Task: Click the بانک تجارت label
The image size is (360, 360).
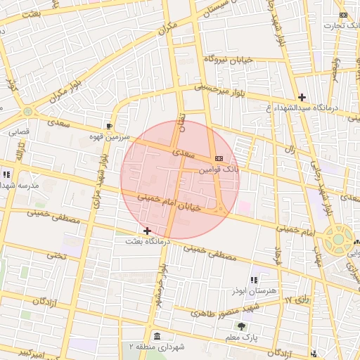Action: (337, 26)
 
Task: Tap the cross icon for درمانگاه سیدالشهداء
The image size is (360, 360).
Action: (302, 97)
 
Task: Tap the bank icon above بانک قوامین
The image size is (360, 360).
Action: (219, 159)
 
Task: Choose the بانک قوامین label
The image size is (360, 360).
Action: (219, 170)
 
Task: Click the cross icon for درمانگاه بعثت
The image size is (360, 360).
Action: (147, 231)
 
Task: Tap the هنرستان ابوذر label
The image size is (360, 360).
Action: (254, 290)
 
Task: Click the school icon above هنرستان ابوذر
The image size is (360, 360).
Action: (254, 280)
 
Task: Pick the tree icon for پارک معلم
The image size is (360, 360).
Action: (242, 326)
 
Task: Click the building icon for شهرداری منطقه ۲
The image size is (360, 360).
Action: (156, 335)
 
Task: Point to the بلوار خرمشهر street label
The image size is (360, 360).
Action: (162, 285)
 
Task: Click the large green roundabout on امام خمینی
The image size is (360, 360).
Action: (338, 239)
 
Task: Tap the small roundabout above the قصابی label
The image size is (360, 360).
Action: (27, 111)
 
